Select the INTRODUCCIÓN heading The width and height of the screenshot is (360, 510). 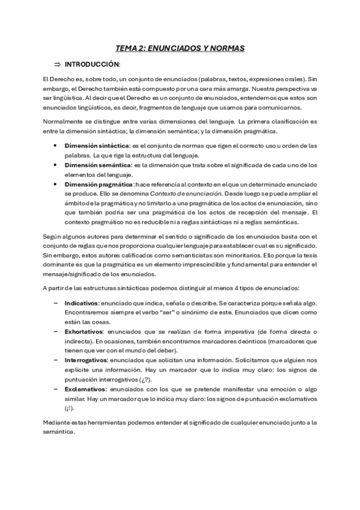pos(92,64)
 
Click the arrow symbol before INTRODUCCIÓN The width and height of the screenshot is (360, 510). pos(58,64)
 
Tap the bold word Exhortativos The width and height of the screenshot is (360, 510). pos(84,331)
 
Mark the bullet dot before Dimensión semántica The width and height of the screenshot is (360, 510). pos(56,165)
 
